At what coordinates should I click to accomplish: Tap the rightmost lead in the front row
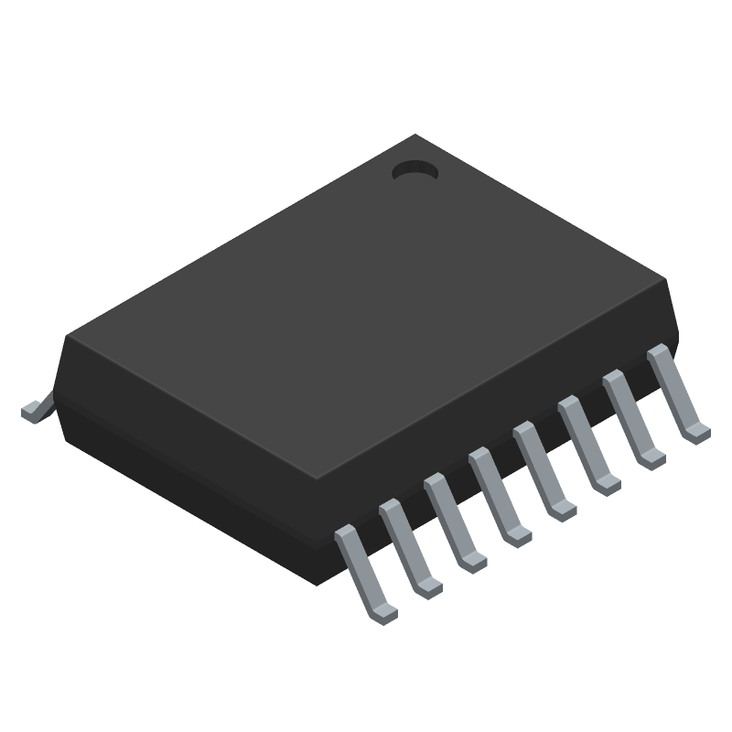click(x=674, y=391)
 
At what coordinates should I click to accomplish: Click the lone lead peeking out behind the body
click(x=35, y=409)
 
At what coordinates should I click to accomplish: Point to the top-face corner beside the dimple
click(x=416, y=136)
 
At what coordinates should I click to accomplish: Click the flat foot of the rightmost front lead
click(x=697, y=430)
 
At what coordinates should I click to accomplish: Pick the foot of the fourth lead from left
click(x=519, y=535)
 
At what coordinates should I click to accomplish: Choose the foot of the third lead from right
click(x=608, y=483)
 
